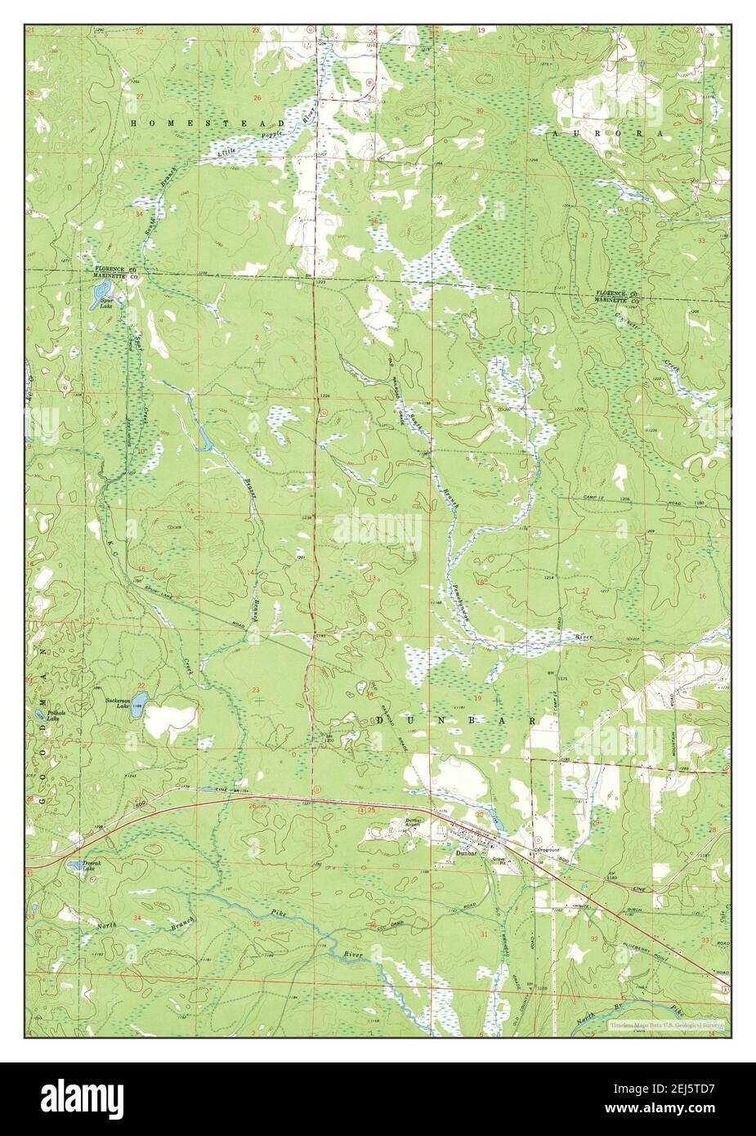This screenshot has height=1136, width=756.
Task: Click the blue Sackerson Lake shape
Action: click(x=139, y=700)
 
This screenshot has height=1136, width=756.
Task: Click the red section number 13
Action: click(x=372, y=578)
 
